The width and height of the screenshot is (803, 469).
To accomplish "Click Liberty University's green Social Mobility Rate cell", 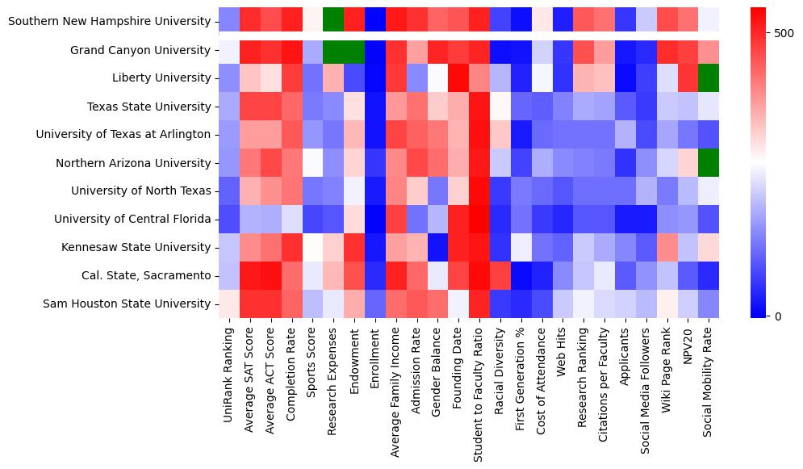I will click(x=709, y=78).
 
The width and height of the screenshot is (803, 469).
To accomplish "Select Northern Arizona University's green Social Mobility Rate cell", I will click(x=709, y=162).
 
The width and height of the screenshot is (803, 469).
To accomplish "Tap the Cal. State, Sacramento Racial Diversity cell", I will click(x=500, y=275).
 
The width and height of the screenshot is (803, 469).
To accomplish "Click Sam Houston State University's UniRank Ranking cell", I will click(x=229, y=304).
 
